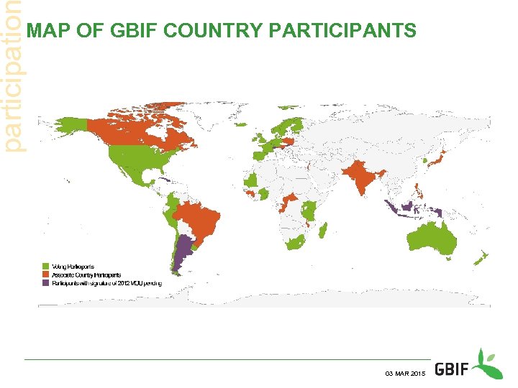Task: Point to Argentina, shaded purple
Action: tap(185, 251)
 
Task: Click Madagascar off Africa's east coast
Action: tap(323, 230)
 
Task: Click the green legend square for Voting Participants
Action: tap(45, 267)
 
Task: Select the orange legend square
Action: tap(45, 274)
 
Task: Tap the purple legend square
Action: tap(45, 283)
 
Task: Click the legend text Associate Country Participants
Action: tap(86, 274)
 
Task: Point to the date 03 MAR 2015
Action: tap(405, 374)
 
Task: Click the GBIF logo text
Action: tap(453, 369)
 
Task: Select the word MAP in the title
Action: tap(43, 31)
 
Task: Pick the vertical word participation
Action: tap(12, 75)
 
